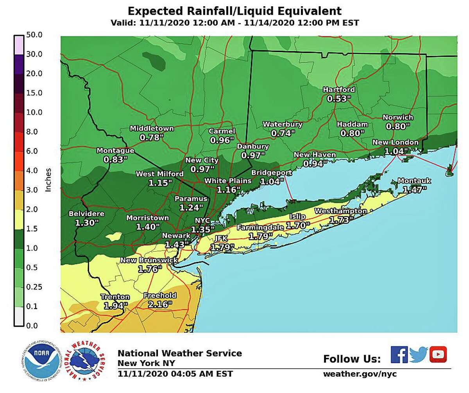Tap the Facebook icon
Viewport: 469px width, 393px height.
399,355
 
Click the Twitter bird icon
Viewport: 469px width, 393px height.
419,355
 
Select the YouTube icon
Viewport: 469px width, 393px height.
438,355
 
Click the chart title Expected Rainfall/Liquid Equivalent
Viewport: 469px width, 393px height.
234,10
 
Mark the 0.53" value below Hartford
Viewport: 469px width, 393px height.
337,99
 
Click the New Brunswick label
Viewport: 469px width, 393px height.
149,260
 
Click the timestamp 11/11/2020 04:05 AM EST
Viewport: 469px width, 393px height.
175,374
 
